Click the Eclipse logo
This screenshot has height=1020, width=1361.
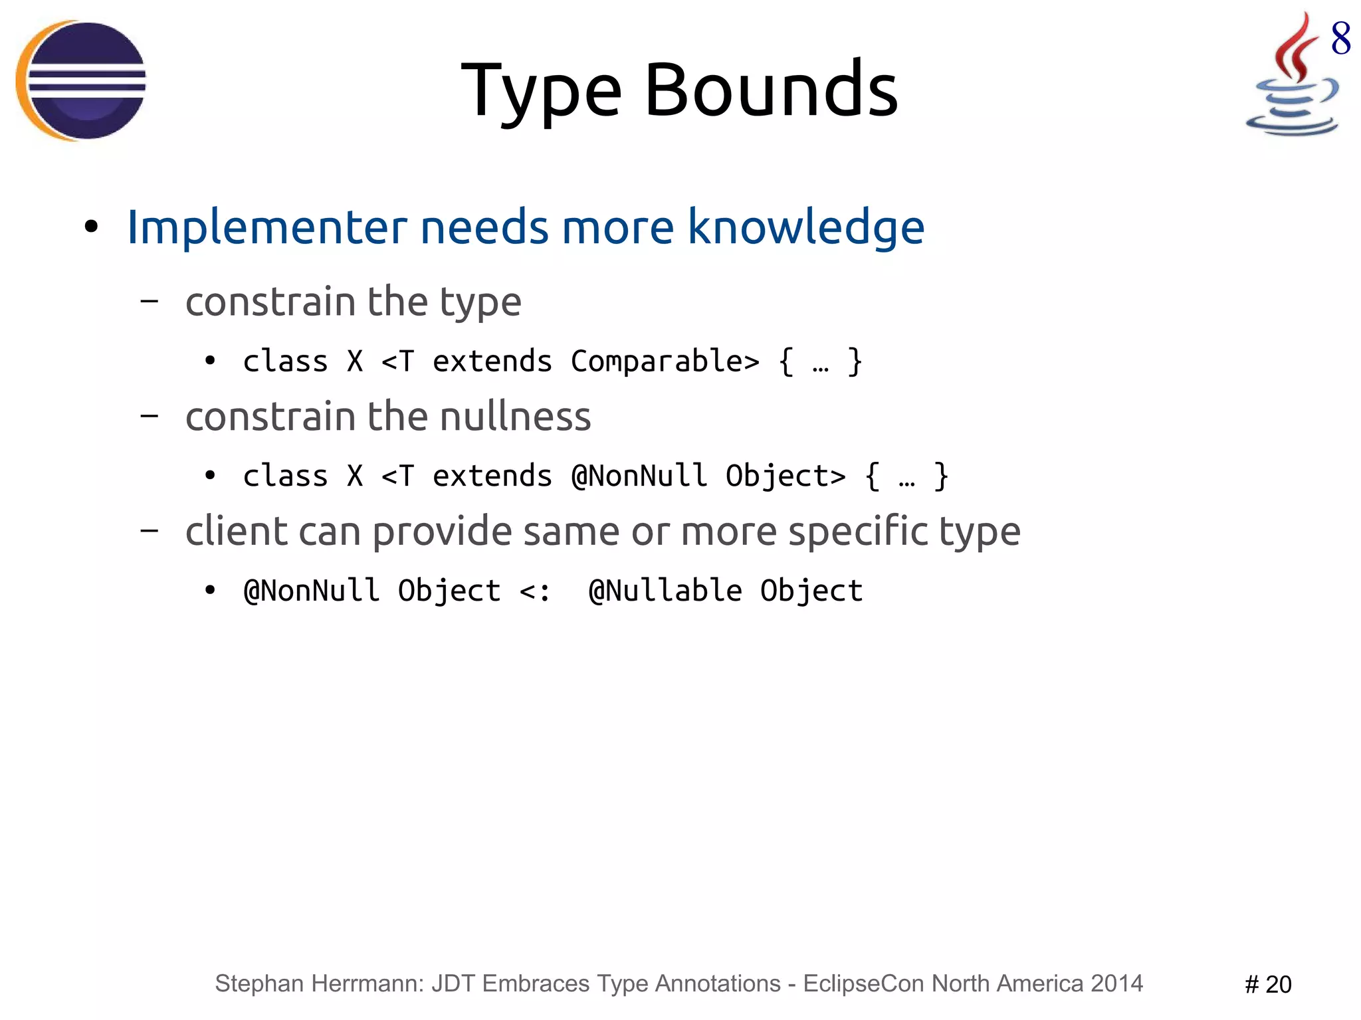[81, 80]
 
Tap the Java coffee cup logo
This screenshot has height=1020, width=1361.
[1292, 80]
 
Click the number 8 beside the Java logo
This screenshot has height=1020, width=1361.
[1340, 39]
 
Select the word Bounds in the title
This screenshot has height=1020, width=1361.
[771, 90]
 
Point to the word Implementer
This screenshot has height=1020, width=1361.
[266, 227]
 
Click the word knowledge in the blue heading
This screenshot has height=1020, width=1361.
[805, 227]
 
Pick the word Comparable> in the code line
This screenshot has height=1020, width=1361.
[665, 361]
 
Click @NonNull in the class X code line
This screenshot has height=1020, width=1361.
[639, 476]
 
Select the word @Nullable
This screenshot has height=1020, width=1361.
[665, 591]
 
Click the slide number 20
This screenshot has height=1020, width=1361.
[1277, 984]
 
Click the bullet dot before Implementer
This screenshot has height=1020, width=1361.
[91, 227]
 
